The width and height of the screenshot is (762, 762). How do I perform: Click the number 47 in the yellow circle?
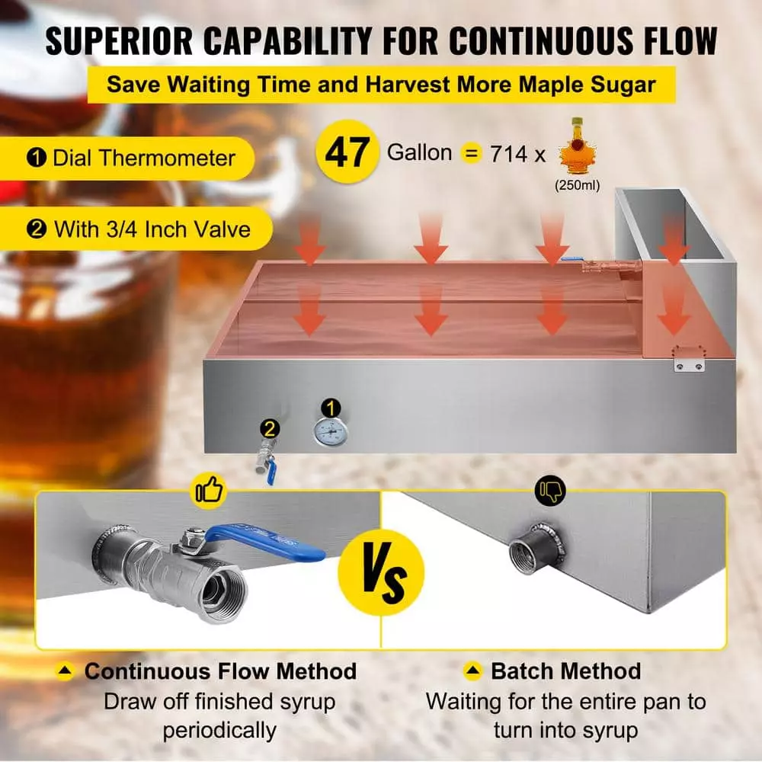click(347, 152)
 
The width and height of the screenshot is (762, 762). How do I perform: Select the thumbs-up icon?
click(210, 490)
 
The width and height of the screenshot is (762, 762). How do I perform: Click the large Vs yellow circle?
click(381, 572)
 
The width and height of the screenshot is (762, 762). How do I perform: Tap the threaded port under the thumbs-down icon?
click(537, 549)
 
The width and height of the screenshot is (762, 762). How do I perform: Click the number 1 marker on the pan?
click(331, 408)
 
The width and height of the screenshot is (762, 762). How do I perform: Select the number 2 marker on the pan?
click(270, 428)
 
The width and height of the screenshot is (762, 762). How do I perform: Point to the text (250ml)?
click(578, 186)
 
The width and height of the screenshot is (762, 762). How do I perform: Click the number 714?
click(509, 155)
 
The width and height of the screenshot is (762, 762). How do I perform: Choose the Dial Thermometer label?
click(131, 158)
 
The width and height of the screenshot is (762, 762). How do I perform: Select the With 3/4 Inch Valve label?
click(139, 229)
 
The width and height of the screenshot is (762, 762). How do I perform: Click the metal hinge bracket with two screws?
click(689, 358)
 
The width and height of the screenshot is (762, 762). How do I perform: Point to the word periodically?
click(219, 731)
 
